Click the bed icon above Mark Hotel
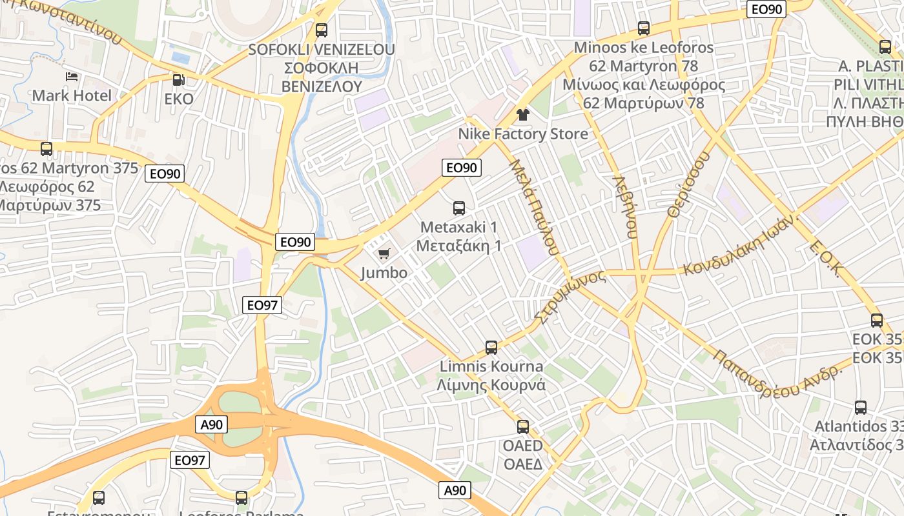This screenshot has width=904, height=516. [x=72, y=77]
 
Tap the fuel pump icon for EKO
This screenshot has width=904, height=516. [x=178, y=80]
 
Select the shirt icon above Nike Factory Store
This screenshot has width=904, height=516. [x=522, y=115]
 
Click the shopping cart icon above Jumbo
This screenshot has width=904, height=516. [x=384, y=254]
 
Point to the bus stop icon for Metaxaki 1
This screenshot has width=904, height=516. [x=459, y=208]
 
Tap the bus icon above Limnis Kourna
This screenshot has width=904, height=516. [x=491, y=348]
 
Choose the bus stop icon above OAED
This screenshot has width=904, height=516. [x=523, y=427]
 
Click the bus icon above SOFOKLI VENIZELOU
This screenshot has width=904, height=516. [x=321, y=30]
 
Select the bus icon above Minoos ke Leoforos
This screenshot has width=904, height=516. [x=643, y=28]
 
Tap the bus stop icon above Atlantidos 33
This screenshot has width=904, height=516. [x=861, y=408]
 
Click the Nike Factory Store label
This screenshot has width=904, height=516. [x=523, y=134]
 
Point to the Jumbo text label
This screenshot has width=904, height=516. [x=384, y=273]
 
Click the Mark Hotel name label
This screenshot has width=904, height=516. [x=72, y=96]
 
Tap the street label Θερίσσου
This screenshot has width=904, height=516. [x=689, y=184]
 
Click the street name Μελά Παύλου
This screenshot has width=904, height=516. [x=533, y=207]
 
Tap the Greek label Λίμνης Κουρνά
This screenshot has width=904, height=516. [x=491, y=386]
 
